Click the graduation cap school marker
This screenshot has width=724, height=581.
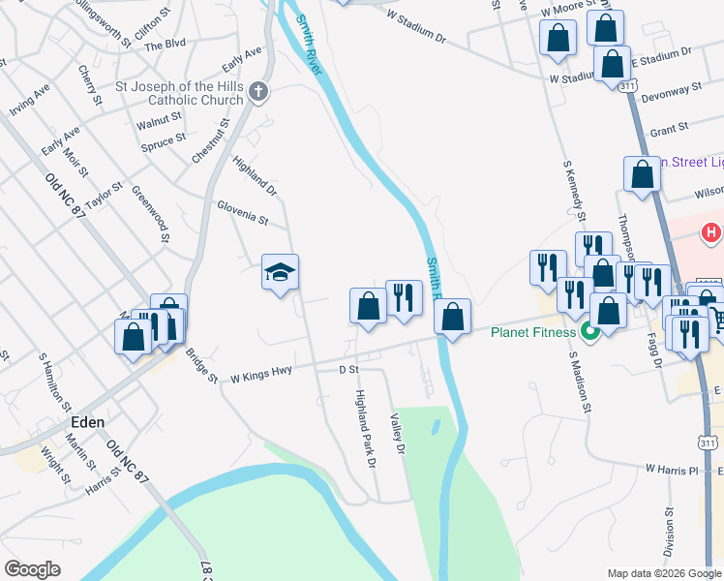tap(280, 272)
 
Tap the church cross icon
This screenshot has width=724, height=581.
tap(257, 91)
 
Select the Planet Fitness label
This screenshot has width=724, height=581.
tap(533, 333)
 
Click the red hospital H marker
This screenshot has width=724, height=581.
tap(711, 233)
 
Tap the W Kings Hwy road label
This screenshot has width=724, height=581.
tap(261, 373)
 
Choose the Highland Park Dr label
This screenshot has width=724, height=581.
tap(365, 428)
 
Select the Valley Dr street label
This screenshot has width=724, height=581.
tap(395, 431)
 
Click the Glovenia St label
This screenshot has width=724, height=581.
tap(242, 213)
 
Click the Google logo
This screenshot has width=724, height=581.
tap(32, 569)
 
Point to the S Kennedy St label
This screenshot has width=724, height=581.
tap(575, 189)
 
